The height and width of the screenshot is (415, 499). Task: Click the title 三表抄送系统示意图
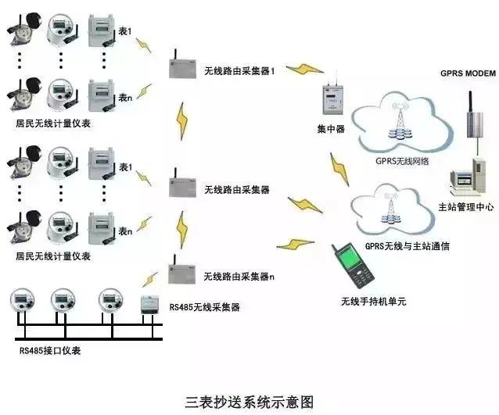(249, 402)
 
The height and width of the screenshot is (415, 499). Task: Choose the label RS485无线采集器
(204, 307)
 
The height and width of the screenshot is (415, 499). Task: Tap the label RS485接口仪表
(50, 350)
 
